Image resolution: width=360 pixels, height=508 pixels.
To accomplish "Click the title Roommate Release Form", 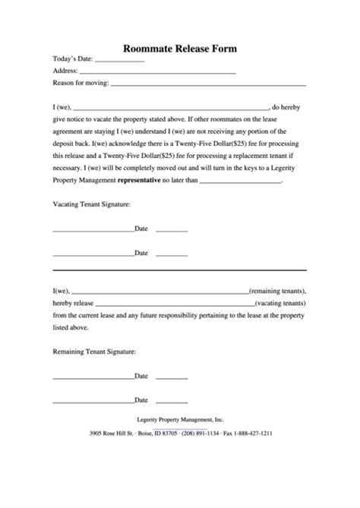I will (x=180, y=47).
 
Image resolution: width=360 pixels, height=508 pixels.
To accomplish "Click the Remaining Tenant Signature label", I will (x=94, y=352).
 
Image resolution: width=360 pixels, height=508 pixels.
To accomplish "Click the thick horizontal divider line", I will (x=179, y=270).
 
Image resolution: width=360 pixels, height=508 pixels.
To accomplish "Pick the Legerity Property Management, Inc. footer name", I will (x=180, y=418).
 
